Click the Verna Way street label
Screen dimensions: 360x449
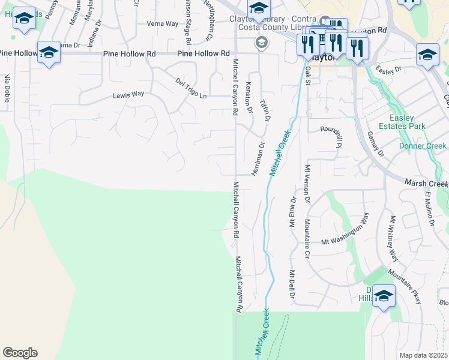pyautogui.click(x=163, y=24)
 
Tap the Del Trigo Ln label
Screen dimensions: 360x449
pyautogui.click(x=191, y=88)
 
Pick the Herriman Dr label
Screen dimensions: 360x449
pyautogui.click(x=258, y=159)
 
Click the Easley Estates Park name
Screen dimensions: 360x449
pyautogui.click(x=407, y=122)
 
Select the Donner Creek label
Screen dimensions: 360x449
pyautogui.click(x=423, y=146)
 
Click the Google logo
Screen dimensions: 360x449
pyautogui.click(x=20, y=353)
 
